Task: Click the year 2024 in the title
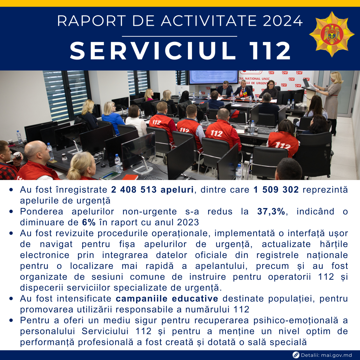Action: (x=283, y=21)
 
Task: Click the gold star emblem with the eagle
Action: (x=332, y=34)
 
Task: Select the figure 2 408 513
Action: (x=134, y=190)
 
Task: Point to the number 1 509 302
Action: (x=276, y=190)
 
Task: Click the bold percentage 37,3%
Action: (x=271, y=211)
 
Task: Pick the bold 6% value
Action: (x=89, y=222)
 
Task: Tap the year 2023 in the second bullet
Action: (x=188, y=222)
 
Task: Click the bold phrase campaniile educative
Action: (x=167, y=299)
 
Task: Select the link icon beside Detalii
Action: (x=296, y=355)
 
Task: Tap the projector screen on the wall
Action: (x=214, y=77)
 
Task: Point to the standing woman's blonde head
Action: (x=336, y=77)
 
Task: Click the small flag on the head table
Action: (x=241, y=93)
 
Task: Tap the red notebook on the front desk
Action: (x=130, y=177)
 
